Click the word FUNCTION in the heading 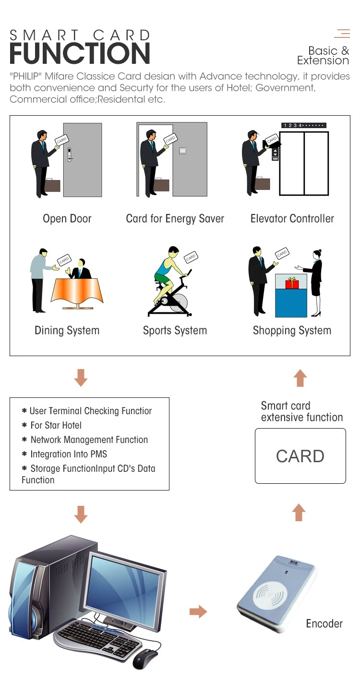point(80,54)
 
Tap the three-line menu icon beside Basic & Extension point(342,34)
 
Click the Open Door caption point(67,219)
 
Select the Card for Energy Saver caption point(175,219)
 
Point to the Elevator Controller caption point(292,219)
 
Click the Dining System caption point(67,331)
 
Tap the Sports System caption point(175,331)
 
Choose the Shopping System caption point(292,331)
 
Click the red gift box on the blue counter point(292,283)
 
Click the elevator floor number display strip point(304,126)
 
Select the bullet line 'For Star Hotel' point(56,425)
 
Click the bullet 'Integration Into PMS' point(69,454)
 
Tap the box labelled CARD point(300,456)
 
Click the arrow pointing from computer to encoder point(198,611)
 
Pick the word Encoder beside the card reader point(324,624)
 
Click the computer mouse point(145,658)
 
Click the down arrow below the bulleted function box point(81,514)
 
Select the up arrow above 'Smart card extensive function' point(300,378)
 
